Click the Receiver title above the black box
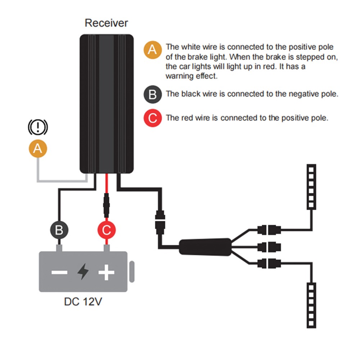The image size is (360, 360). [x=106, y=23]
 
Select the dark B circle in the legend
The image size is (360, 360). [x=152, y=95]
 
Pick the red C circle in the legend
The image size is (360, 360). [x=152, y=118]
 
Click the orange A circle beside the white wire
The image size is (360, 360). [x=38, y=148]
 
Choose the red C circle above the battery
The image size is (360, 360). [x=107, y=230]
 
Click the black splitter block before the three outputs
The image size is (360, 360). [x=205, y=247]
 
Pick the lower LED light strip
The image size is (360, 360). [x=311, y=305]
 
